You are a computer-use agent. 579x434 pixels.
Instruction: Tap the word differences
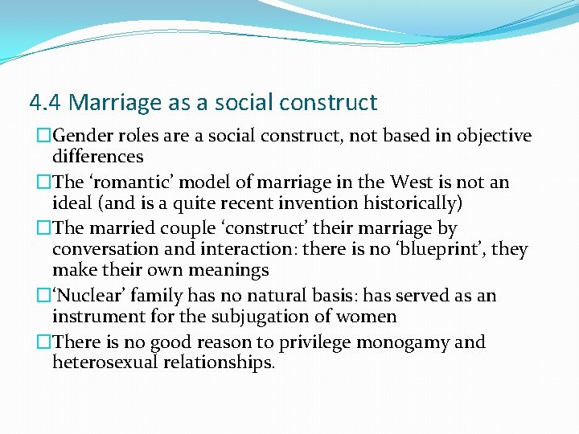tap(97, 157)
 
